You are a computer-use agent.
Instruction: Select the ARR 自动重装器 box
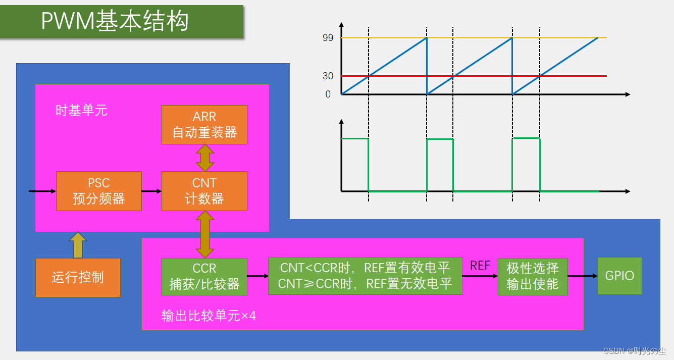click(x=204, y=125)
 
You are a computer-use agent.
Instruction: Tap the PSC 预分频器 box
click(x=98, y=191)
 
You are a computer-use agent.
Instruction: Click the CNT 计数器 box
click(x=204, y=191)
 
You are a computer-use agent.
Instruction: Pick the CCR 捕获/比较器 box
click(x=204, y=277)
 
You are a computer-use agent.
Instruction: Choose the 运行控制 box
click(x=78, y=277)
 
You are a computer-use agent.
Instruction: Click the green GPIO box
click(x=619, y=276)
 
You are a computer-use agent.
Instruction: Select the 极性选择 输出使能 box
click(x=533, y=277)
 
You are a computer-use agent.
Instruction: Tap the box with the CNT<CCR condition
click(x=365, y=276)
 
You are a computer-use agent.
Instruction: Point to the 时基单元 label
click(x=81, y=111)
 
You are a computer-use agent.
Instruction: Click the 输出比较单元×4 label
click(x=209, y=316)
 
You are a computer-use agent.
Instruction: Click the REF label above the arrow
click(x=480, y=266)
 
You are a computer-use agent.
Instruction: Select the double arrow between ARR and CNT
click(x=205, y=158)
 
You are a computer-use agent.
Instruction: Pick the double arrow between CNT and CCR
click(x=205, y=234)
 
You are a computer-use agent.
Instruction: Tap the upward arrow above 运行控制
click(x=78, y=245)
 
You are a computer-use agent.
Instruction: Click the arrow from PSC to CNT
click(x=151, y=191)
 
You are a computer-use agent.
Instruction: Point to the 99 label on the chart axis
click(x=328, y=38)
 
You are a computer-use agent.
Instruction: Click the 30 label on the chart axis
click(x=328, y=76)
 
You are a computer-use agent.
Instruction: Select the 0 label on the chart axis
click(x=328, y=94)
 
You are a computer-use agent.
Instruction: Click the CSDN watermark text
click(x=634, y=350)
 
